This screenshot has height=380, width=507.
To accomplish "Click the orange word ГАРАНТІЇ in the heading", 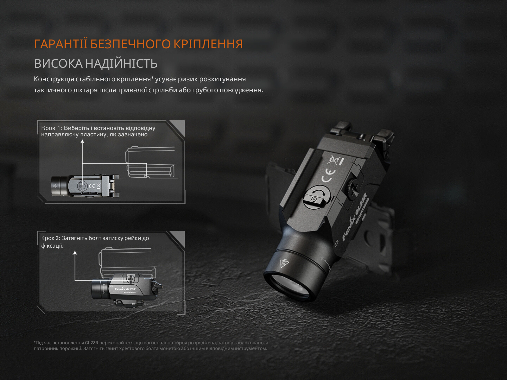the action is click(61, 44).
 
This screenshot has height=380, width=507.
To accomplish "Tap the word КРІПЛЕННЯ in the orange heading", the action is click(208, 44).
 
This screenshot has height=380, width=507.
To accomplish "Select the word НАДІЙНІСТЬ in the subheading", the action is click(121, 63).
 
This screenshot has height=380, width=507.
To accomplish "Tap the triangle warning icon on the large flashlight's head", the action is click(284, 263).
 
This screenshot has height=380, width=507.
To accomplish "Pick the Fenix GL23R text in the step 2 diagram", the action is click(125, 289).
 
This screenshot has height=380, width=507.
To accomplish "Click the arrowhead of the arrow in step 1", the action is click(82, 141).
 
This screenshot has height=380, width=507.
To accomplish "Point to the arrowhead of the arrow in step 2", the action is click(75, 253).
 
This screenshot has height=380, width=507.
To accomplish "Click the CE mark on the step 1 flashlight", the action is click(92, 186).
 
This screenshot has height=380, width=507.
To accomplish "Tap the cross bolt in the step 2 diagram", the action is click(131, 279).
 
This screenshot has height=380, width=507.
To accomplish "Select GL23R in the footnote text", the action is click(92, 343).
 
